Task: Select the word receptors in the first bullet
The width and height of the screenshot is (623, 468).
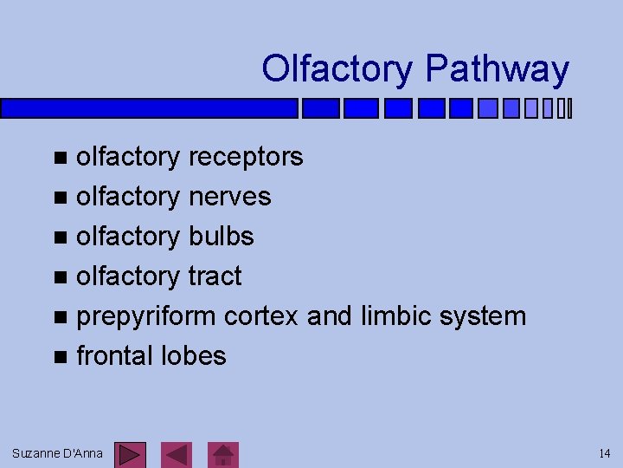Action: [246, 157]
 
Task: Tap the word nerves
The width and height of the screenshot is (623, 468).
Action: [229, 197]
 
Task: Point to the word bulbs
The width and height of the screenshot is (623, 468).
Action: [221, 237]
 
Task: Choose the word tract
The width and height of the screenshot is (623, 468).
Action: [215, 276]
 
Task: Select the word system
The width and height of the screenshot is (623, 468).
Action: [483, 317]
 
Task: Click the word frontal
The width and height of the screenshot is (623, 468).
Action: [115, 356]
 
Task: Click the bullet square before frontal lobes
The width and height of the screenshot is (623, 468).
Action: [59, 357]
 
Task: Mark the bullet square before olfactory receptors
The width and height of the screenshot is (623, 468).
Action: [59, 158]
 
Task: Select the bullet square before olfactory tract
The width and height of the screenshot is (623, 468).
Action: [59, 277]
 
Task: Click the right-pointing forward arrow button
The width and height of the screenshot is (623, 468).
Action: [131, 454]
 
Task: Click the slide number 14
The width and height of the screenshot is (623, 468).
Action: [604, 453]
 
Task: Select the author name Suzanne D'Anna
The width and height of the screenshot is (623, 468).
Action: [57, 453]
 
